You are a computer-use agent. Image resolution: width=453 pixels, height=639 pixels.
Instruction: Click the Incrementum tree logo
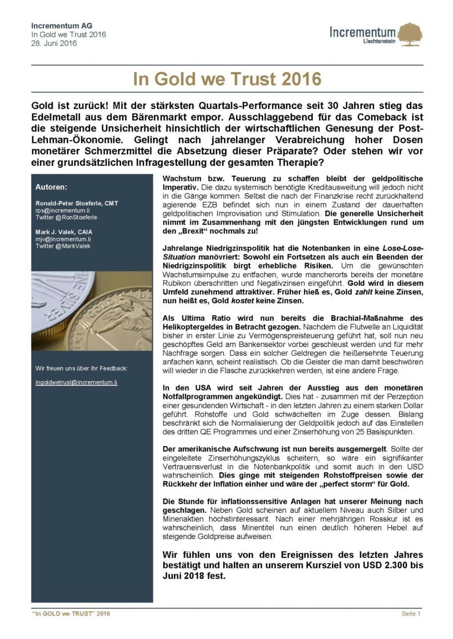pos(409,35)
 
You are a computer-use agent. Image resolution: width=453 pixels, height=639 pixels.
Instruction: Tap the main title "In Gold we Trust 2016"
pos(227,79)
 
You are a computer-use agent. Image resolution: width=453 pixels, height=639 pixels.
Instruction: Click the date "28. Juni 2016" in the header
pos(54,43)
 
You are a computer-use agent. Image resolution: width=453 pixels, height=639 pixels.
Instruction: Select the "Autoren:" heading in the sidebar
pos(51,187)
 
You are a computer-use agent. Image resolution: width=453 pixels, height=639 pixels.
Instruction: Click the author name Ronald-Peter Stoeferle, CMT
pos(77,203)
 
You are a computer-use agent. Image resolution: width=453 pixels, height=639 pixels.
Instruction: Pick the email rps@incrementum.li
pos(63,210)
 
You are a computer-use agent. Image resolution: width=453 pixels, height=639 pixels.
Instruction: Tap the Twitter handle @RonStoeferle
pos(66,217)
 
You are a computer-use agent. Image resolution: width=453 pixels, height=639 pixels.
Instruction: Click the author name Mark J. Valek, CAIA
pos(64,232)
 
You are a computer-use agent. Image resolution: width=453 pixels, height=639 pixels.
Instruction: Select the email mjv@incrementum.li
pos(63,239)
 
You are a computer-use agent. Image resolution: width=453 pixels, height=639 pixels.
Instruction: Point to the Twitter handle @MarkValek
pos(63,246)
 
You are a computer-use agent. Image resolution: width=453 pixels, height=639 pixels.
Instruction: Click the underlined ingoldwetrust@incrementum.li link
pos(76,382)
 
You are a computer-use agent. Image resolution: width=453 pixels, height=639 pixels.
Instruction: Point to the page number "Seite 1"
pos(411,614)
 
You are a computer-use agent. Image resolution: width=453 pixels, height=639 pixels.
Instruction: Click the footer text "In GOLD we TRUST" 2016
pos(71,614)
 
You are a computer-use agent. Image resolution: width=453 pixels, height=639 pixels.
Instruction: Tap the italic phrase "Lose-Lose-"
pos(403,248)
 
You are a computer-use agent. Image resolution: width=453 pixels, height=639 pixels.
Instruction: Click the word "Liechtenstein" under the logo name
pos(379,41)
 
